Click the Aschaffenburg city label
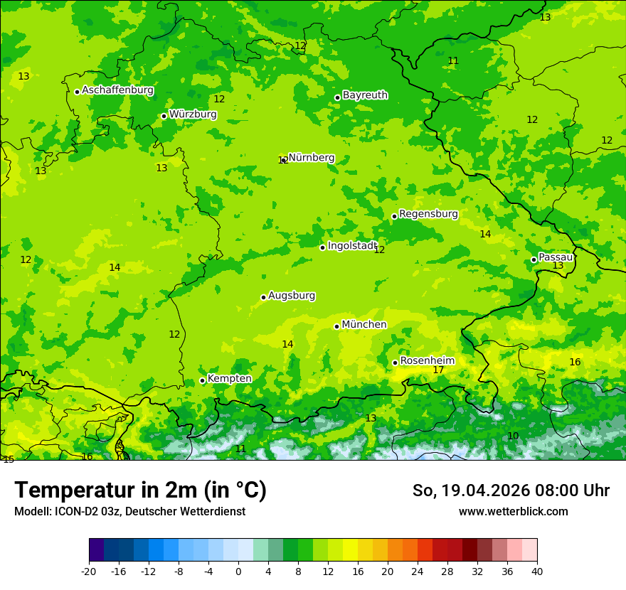(x=117, y=90)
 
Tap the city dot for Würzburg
(x=164, y=116)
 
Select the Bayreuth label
(x=365, y=95)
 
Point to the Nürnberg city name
(x=312, y=158)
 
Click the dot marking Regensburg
(x=394, y=216)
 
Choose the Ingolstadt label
(x=351, y=246)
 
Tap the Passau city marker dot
(x=534, y=259)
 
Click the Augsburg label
(x=292, y=296)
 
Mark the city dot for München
(x=336, y=326)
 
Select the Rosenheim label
(x=427, y=361)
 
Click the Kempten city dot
(x=202, y=380)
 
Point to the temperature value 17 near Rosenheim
(x=438, y=370)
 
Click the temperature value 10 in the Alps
(x=513, y=436)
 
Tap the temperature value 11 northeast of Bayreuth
(x=453, y=60)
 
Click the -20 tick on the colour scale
(x=89, y=571)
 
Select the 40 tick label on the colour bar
(x=536, y=571)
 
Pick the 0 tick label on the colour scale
(x=238, y=571)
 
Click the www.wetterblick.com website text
(x=513, y=511)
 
